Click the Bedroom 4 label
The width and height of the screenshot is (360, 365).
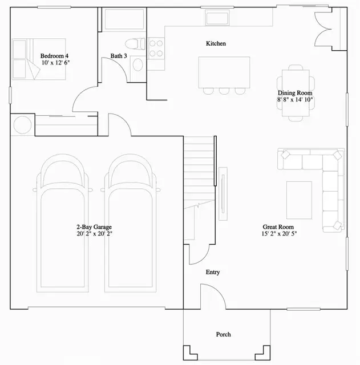click(54, 55)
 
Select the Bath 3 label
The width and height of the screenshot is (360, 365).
click(118, 55)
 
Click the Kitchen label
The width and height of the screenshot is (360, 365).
click(216, 43)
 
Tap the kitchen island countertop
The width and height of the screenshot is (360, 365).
click(224, 72)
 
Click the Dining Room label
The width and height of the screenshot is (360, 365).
click(295, 92)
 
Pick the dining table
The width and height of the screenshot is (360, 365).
click(296, 94)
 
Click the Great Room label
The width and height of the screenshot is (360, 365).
click(279, 226)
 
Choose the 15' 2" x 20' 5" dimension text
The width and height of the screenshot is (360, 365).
click(280, 234)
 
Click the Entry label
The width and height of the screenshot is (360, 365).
click(213, 273)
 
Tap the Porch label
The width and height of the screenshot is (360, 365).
click(223, 334)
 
